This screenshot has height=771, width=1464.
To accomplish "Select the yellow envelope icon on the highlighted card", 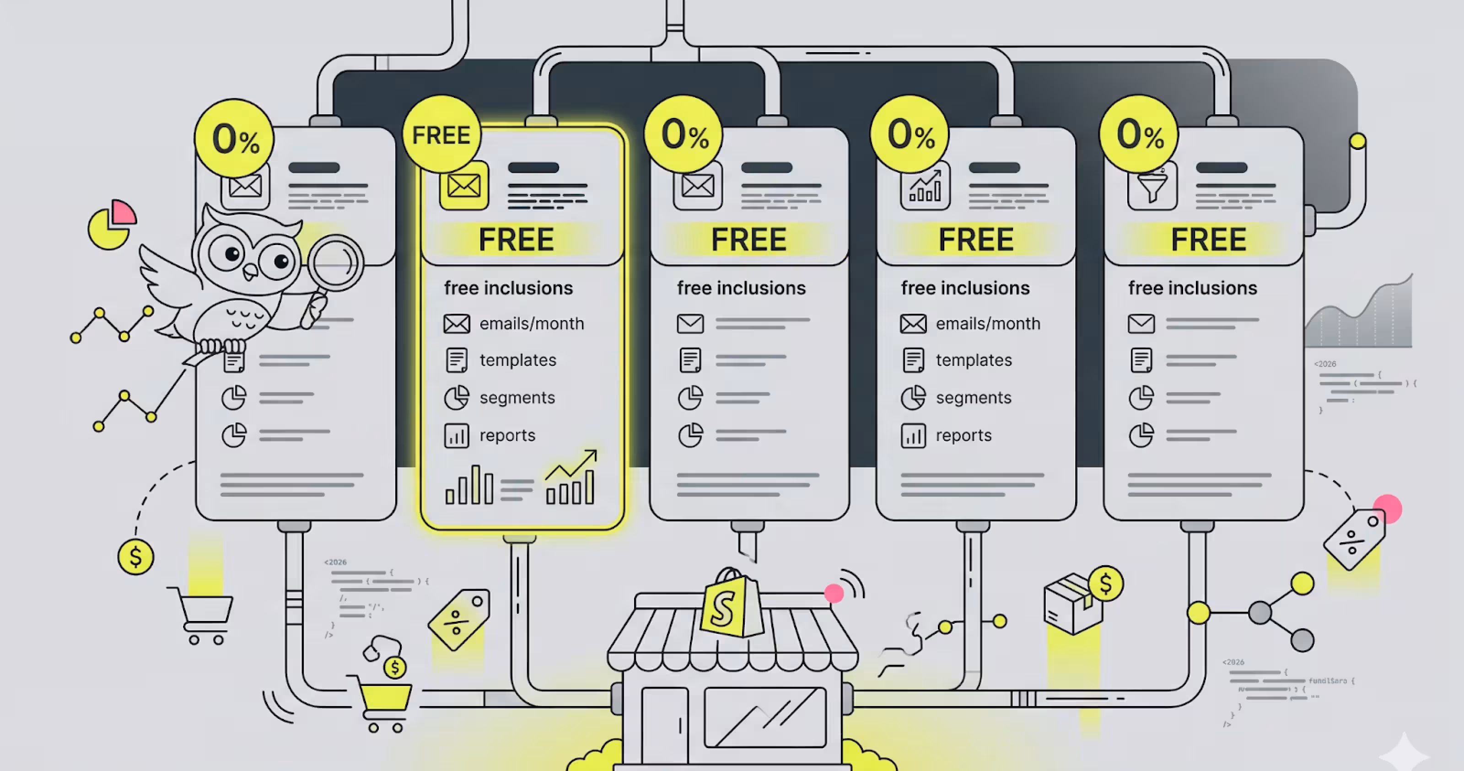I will pos(464,186).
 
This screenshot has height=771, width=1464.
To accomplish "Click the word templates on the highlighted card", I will pos(518,360).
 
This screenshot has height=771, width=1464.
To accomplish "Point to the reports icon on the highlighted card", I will pos(457,436).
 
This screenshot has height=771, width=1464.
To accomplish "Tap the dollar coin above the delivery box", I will pos(1105,583).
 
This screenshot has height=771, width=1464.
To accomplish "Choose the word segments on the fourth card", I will pos(974,398).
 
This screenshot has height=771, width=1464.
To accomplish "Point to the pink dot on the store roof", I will pos(834,593).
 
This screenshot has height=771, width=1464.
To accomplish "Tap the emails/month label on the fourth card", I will pos(988,324).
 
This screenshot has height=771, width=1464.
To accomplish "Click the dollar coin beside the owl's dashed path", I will pos(135,557).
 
